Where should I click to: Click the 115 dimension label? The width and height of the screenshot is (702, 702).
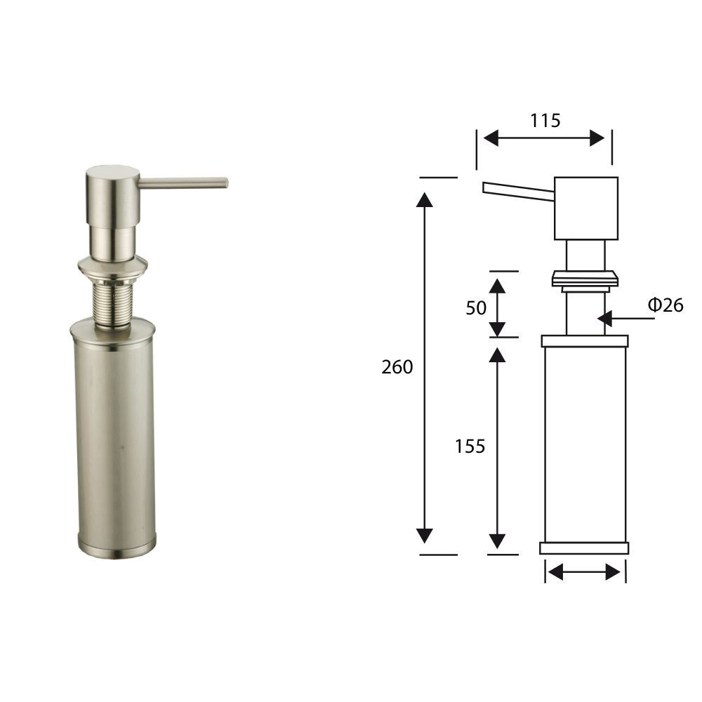[545, 121]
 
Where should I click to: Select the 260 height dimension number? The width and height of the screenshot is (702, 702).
[397, 367]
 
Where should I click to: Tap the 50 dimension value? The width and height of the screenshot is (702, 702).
[476, 308]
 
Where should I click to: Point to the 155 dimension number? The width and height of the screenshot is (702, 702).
[470, 446]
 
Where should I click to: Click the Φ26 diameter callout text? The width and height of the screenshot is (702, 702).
[665, 305]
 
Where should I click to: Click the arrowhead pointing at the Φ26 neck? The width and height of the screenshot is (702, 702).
[604, 319]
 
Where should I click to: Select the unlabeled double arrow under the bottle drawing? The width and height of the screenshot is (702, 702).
[584, 571]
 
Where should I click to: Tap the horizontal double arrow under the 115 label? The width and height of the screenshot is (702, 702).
[544, 138]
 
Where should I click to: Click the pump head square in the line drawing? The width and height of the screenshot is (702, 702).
[586, 208]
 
